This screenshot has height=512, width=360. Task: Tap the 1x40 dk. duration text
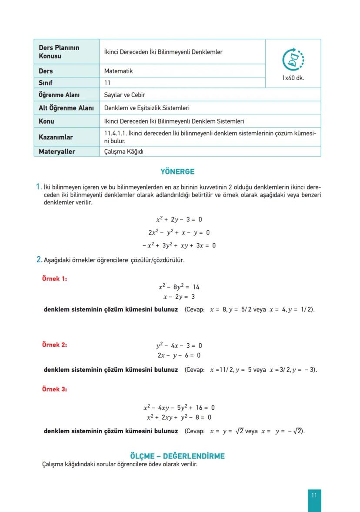pyautogui.click(x=293, y=78)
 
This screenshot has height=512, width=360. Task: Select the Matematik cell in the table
pyautogui.click(x=118, y=71)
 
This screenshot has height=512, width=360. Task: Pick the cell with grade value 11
pyautogui.click(x=107, y=82)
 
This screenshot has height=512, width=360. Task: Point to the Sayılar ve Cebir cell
pyautogui.click(x=124, y=95)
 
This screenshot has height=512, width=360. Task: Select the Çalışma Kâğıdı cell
pyautogui.click(x=124, y=151)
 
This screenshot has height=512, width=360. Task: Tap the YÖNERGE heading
pyautogui.click(x=177, y=172)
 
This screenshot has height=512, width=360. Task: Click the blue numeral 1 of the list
pyautogui.click(x=39, y=187)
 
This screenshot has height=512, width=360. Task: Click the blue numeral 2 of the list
pyautogui.click(x=39, y=260)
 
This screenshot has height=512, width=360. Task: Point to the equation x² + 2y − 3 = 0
pyautogui.click(x=179, y=220)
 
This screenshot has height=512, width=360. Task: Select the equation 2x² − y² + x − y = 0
pyautogui.click(x=179, y=232)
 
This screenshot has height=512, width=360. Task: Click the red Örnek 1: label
pyautogui.click(x=54, y=279)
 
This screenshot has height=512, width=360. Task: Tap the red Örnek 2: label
pyautogui.click(x=54, y=345)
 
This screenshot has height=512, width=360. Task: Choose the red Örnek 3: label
pyautogui.click(x=54, y=389)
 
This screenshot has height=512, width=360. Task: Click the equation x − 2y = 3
pyautogui.click(x=179, y=297)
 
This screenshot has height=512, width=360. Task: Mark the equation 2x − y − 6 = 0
pyautogui.click(x=179, y=355)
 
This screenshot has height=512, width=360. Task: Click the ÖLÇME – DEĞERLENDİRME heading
pyautogui.click(x=177, y=456)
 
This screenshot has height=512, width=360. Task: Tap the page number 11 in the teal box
pyautogui.click(x=314, y=495)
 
